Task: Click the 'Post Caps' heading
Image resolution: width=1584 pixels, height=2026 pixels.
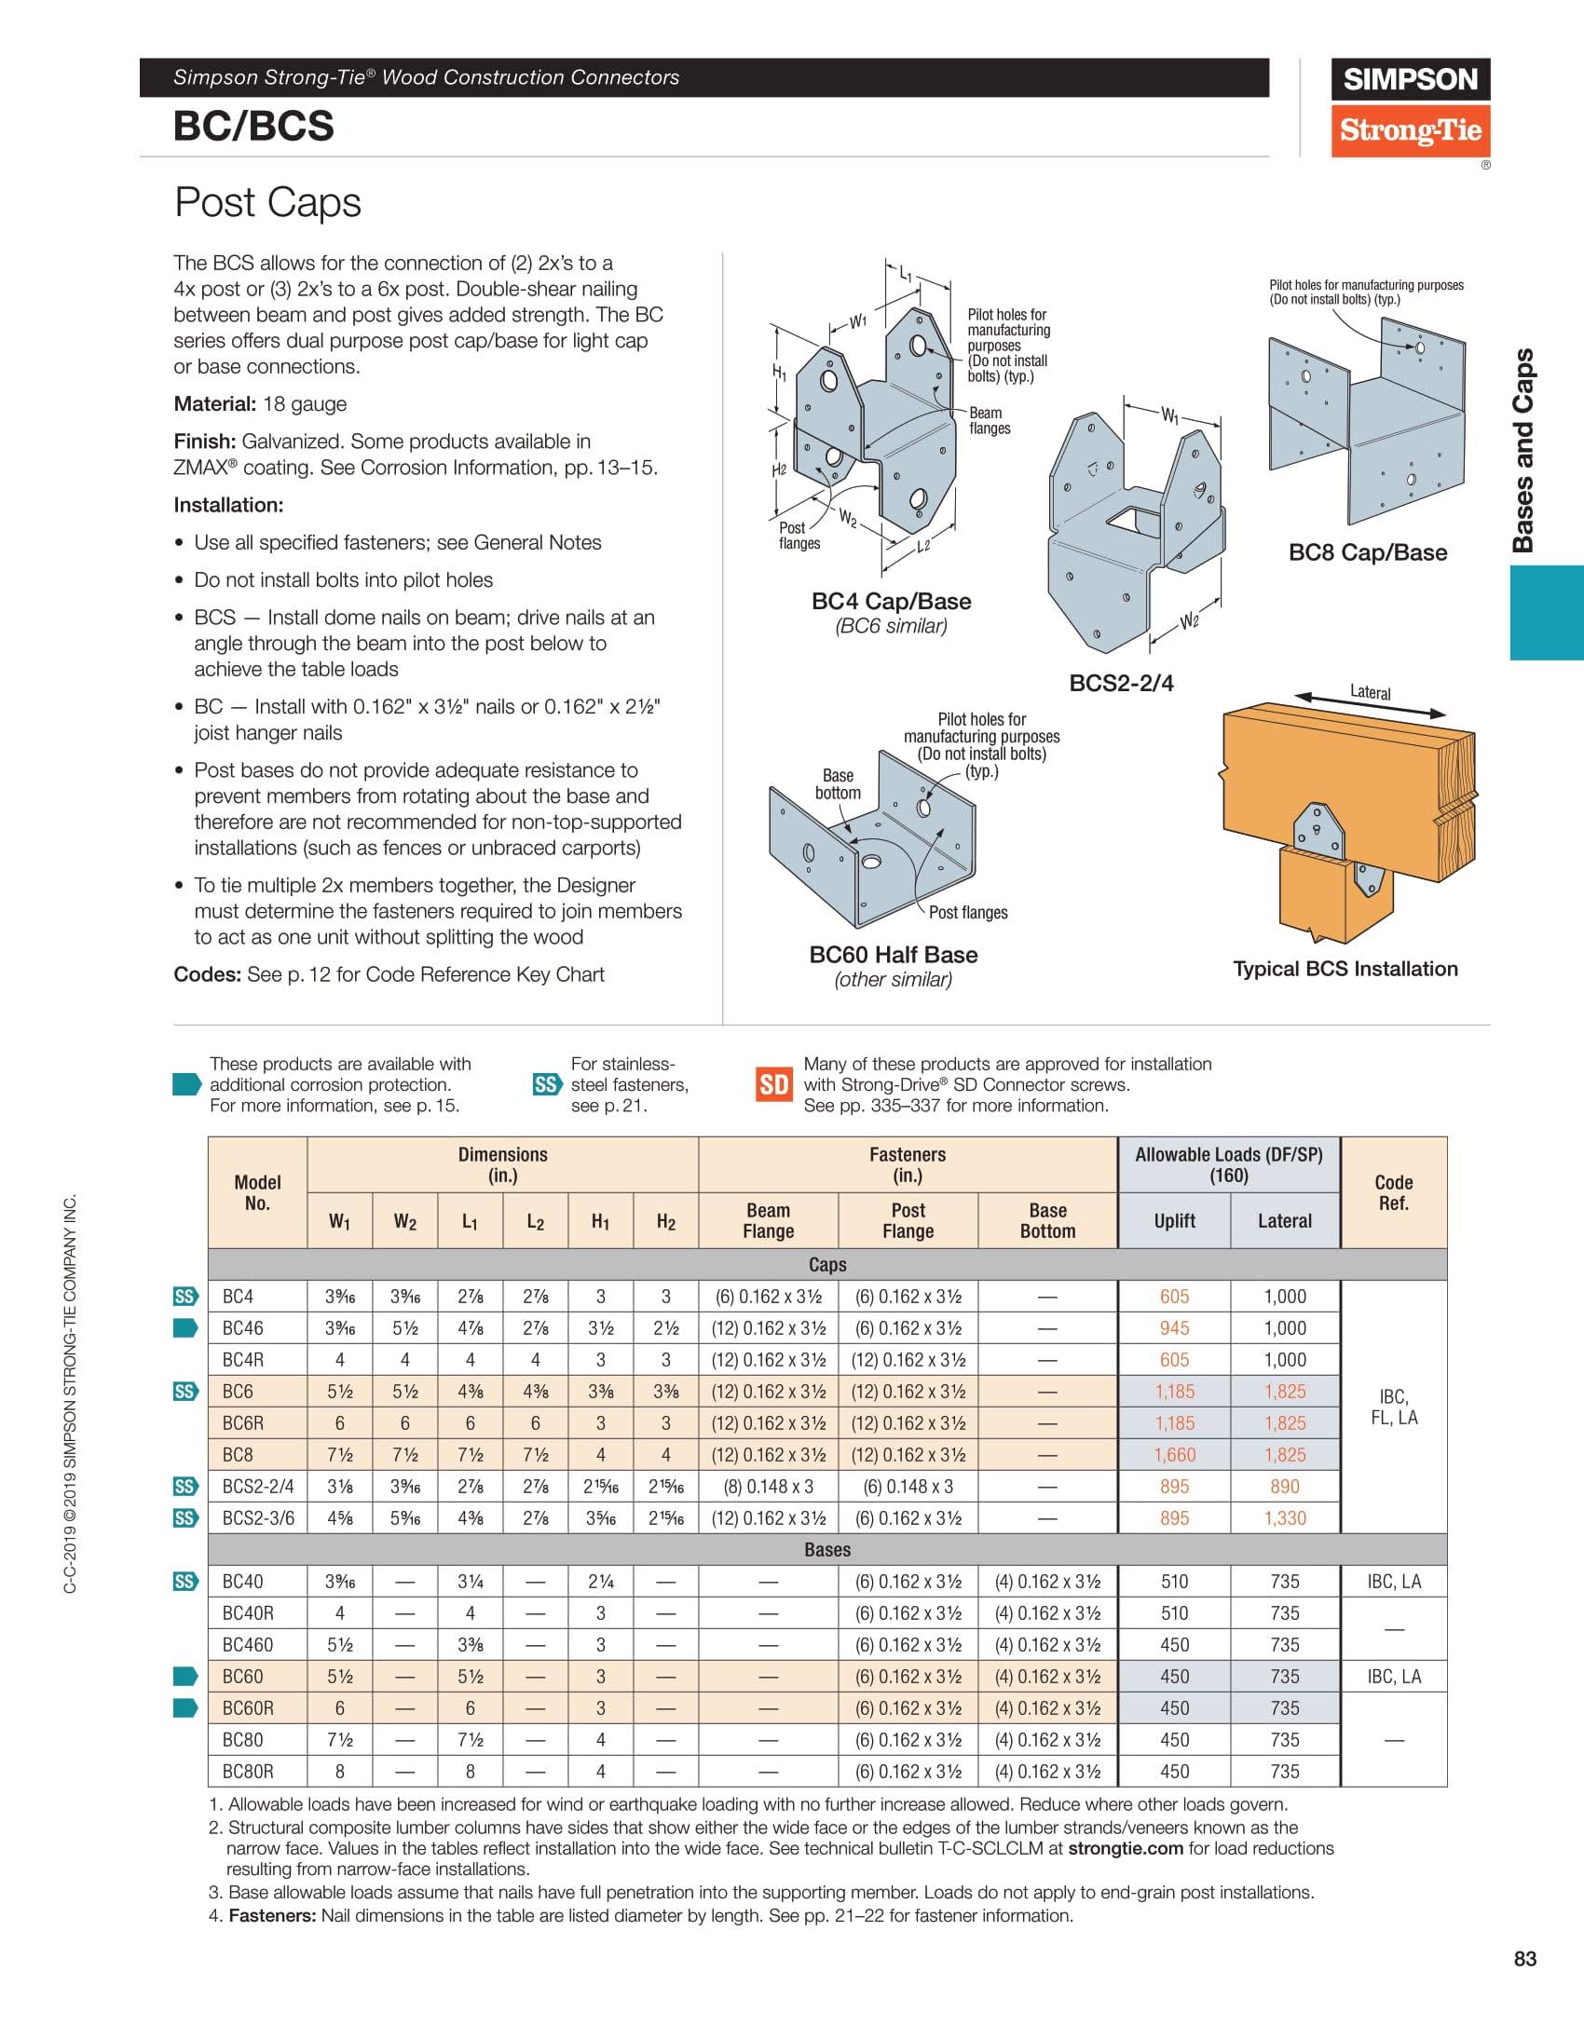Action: click(x=267, y=202)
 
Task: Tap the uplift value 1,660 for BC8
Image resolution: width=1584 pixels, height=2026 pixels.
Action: click(x=1174, y=1454)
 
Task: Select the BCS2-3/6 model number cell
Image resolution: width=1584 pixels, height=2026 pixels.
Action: click(x=258, y=1517)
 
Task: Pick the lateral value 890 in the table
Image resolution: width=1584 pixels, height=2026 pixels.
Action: click(x=1284, y=1486)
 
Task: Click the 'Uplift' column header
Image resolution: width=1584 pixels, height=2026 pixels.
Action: click(x=1174, y=1220)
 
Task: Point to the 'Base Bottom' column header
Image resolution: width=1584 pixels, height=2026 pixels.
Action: click(x=1047, y=1220)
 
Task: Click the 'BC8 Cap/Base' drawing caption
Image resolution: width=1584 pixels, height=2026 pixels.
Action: click(x=1367, y=552)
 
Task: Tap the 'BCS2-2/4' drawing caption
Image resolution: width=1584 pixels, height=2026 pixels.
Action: click(x=1121, y=683)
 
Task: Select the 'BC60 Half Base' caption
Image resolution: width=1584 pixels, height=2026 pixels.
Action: click(x=893, y=955)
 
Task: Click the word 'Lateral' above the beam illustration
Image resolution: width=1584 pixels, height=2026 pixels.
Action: click(x=1370, y=692)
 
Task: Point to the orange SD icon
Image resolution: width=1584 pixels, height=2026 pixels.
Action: click(x=773, y=1084)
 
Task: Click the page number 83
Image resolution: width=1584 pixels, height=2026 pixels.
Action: click(x=1524, y=1959)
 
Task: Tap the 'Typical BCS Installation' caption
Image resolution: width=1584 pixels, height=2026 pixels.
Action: click(x=1345, y=969)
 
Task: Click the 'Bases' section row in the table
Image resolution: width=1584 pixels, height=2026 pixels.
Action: click(x=826, y=1549)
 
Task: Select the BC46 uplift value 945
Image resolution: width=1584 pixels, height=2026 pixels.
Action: click(x=1174, y=1327)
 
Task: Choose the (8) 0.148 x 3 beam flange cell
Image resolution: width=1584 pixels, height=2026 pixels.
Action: click(x=768, y=1486)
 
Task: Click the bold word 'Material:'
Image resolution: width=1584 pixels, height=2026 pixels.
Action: click(x=214, y=404)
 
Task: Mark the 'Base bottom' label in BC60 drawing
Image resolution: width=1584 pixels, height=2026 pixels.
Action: click(x=838, y=783)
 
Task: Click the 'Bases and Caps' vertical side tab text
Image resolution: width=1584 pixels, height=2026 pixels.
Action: click(x=1523, y=450)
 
